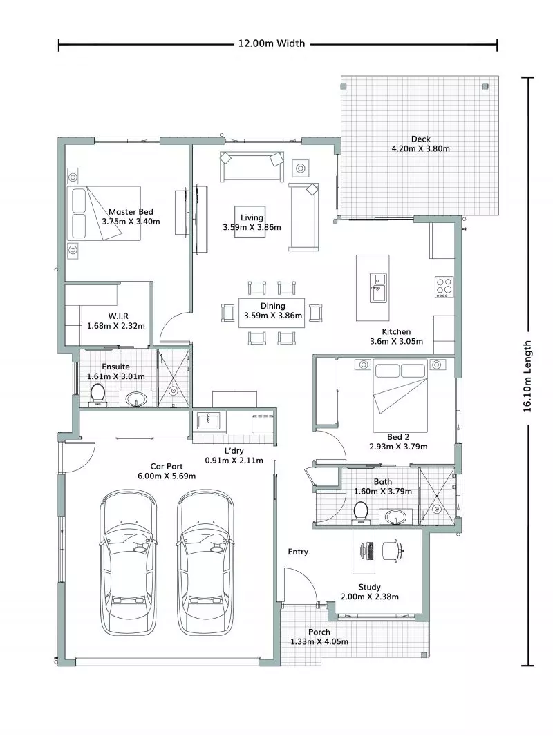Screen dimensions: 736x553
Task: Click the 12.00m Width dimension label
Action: (x=271, y=43)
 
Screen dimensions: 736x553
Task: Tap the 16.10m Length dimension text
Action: (x=528, y=376)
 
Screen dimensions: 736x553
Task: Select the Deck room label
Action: (x=420, y=139)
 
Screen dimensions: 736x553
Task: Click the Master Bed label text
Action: (x=131, y=212)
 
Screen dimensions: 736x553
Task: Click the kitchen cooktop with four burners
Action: (x=443, y=286)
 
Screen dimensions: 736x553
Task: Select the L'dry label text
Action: (x=234, y=449)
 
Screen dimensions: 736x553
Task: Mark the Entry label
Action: (x=298, y=552)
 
